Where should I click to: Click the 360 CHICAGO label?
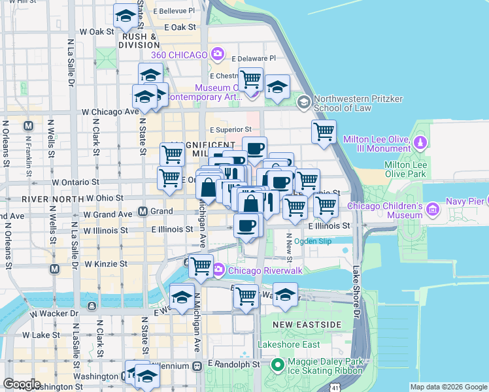pyautogui.click(x=180, y=54)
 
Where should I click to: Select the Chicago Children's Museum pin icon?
pyautogui.click(x=432, y=210)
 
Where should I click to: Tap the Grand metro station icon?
pyautogui.click(x=143, y=211)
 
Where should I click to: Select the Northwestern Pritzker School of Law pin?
pyautogui.click(x=303, y=102)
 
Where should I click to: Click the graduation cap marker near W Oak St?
pyautogui.click(x=125, y=16)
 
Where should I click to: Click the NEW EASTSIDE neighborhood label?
pyautogui.click(x=298, y=325)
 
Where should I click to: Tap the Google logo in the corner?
pyautogui.click(x=22, y=384)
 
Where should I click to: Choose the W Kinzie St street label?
pyautogui.click(x=105, y=264)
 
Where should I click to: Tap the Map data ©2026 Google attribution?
pyautogui.click(x=448, y=387)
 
